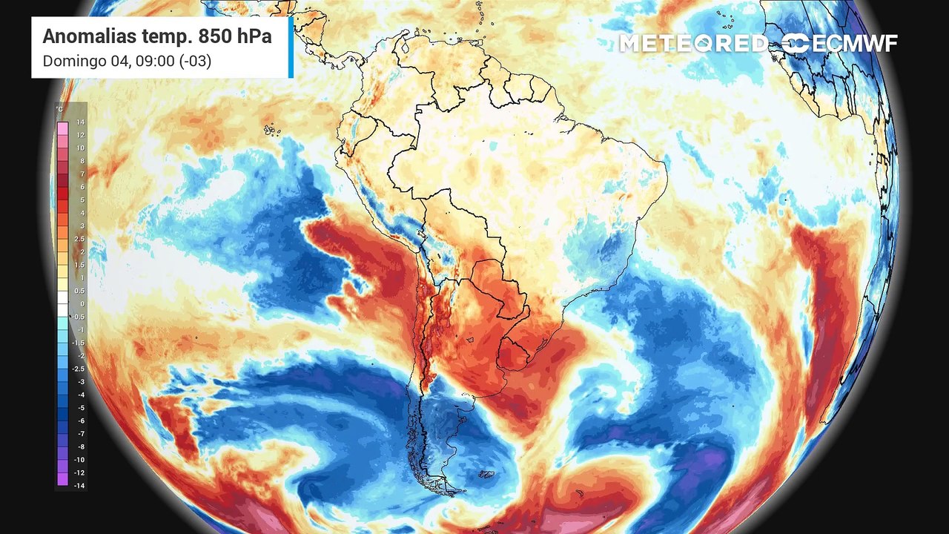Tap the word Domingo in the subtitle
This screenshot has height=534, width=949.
(x=72, y=61)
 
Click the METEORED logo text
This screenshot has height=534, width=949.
(x=694, y=43)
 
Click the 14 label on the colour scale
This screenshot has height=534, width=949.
(x=81, y=122)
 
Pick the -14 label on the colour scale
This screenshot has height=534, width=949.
(x=79, y=485)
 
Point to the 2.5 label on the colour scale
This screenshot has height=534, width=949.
(x=79, y=239)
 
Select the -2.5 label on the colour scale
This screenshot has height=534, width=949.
(x=79, y=369)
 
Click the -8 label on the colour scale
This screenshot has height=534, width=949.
(x=81, y=446)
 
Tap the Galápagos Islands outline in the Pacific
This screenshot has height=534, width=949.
(x=272, y=131)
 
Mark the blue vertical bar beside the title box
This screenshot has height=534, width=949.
(x=291, y=47)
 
